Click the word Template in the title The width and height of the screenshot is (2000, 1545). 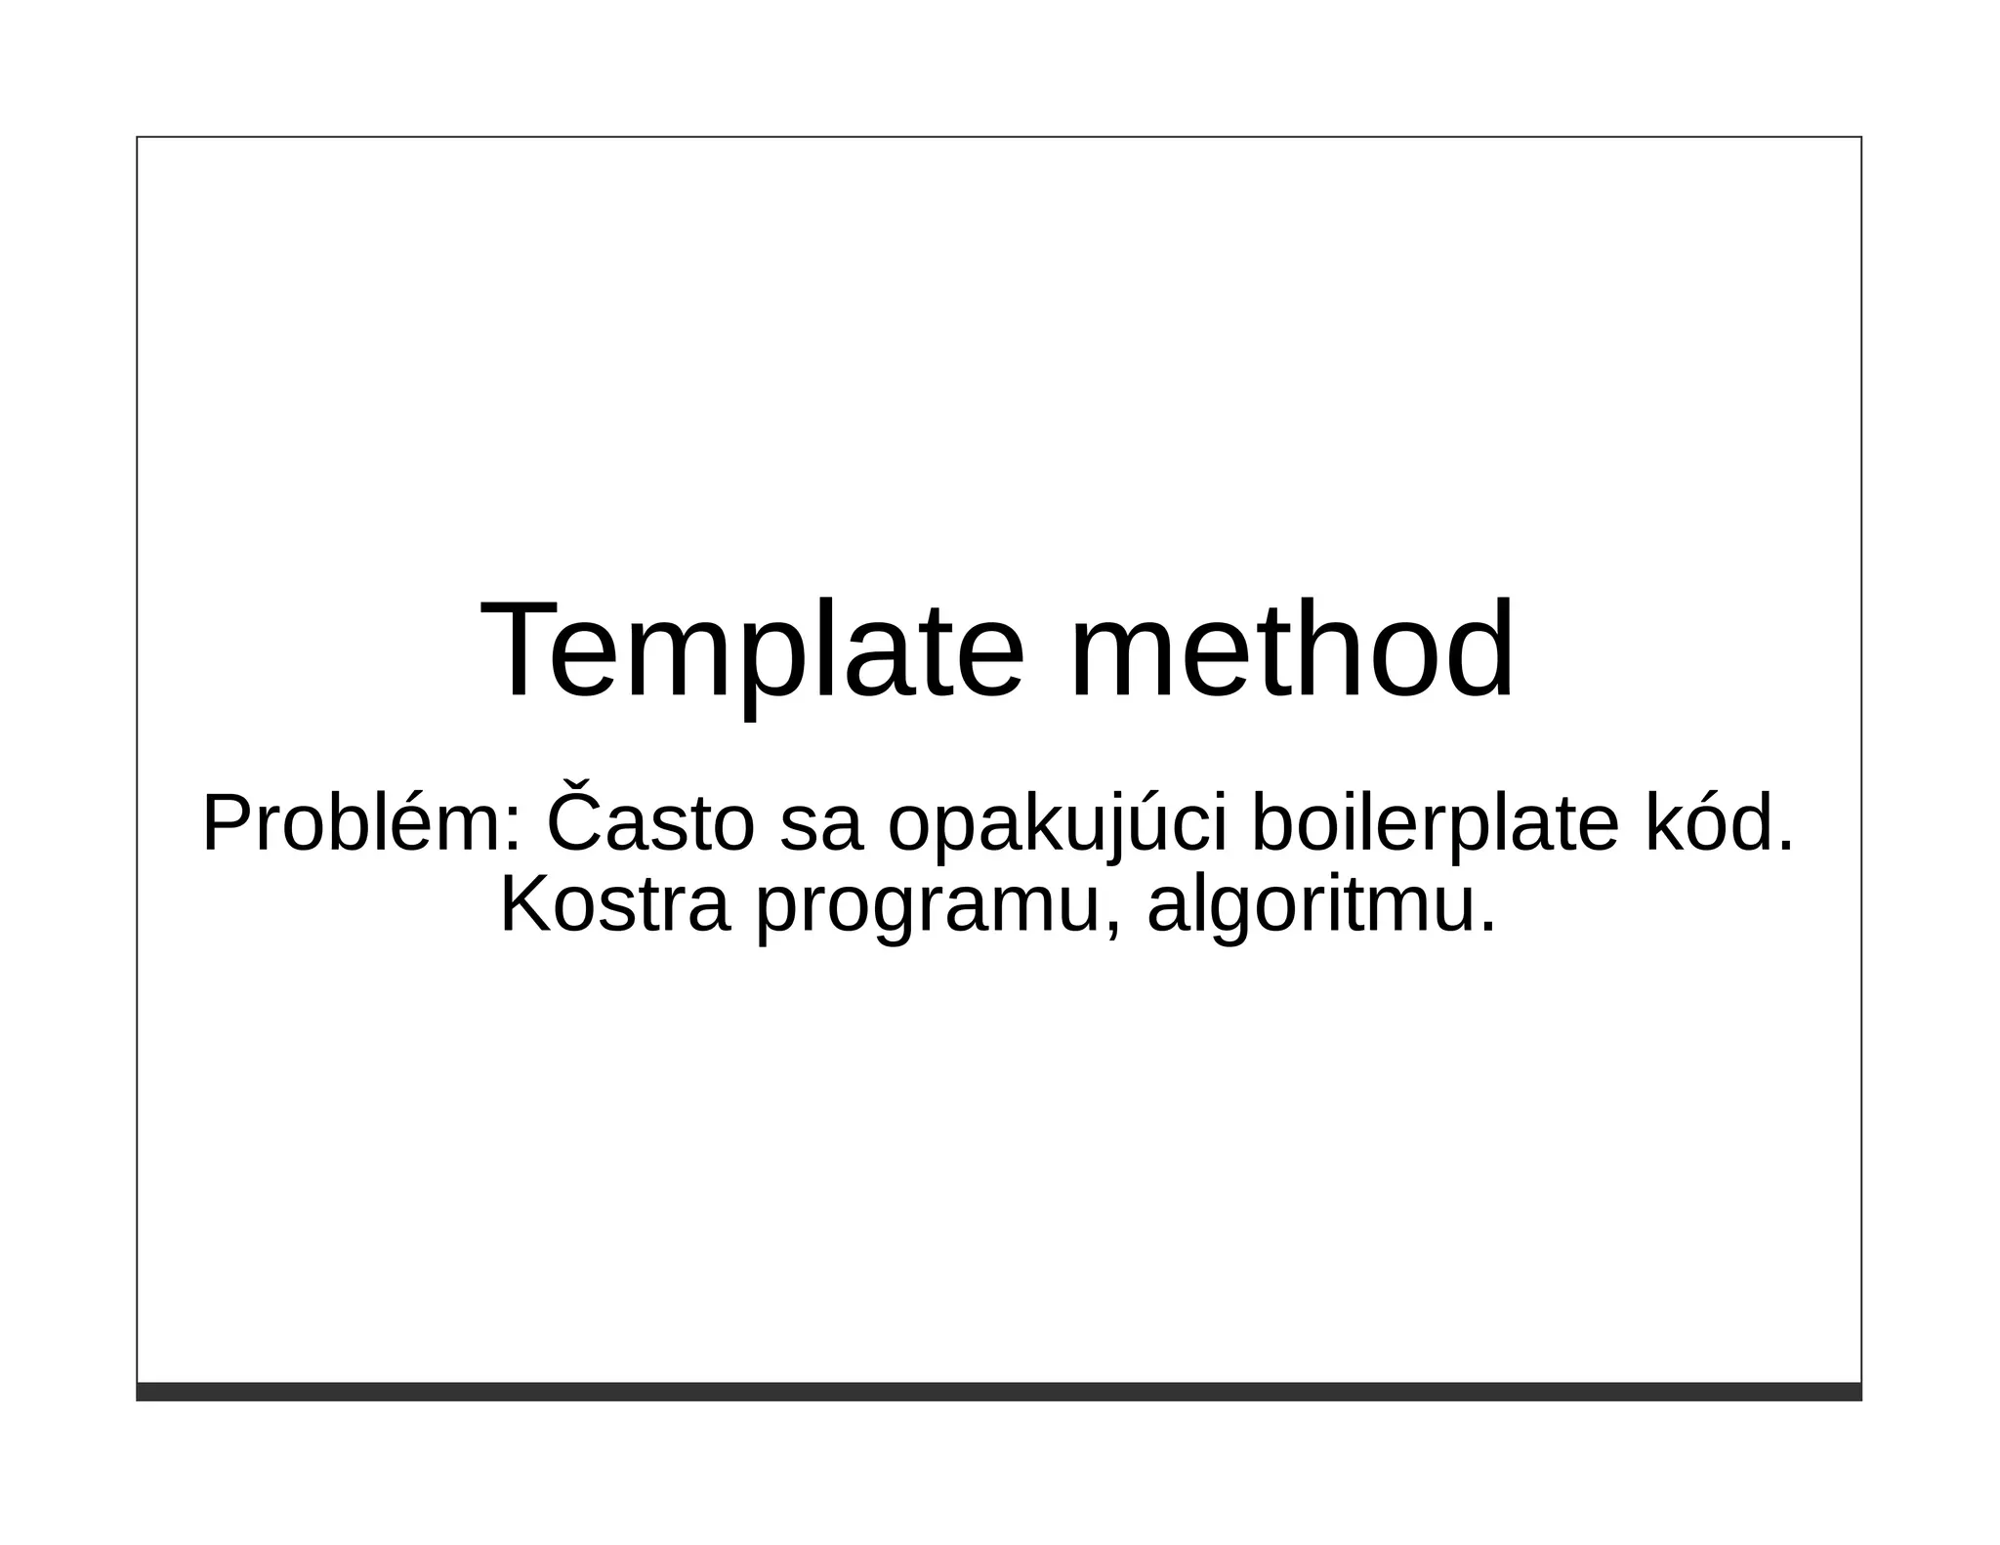click(x=752, y=651)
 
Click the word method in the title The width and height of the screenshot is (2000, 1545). click(x=1291, y=651)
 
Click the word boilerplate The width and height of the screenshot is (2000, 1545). click(x=1436, y=825)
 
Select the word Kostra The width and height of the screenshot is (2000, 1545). click(x=614, y=905)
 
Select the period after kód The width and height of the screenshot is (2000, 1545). click(x=1785, y=848)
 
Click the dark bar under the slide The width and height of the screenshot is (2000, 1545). click(x=998, y=1391)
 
